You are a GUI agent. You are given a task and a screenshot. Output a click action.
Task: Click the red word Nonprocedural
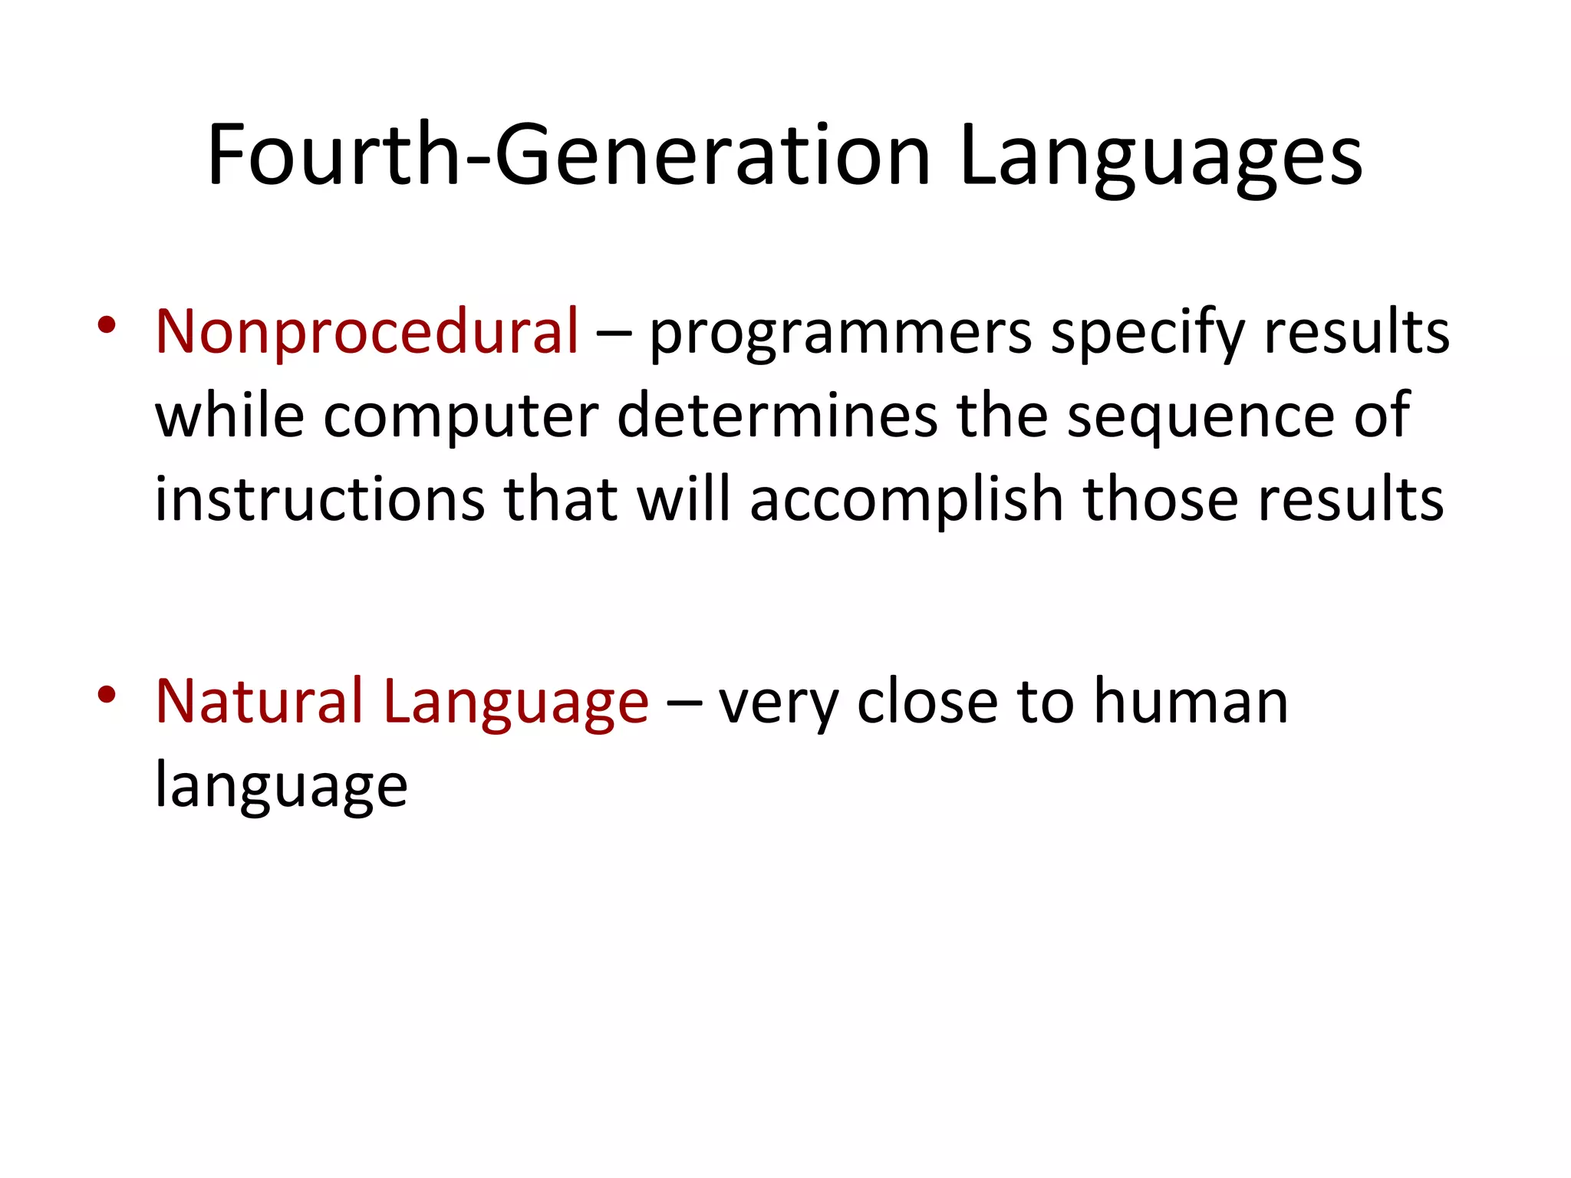tap(367, 331)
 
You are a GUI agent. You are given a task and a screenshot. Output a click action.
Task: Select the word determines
tap(776, 416)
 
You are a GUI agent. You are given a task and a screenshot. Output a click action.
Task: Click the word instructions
tap(320, 499)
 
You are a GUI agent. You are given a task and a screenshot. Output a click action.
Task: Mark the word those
tap(1160, 499)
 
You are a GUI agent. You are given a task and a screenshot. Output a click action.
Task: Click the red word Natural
tap(259, 701)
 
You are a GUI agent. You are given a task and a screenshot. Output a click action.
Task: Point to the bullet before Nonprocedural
tap(107, 326)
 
